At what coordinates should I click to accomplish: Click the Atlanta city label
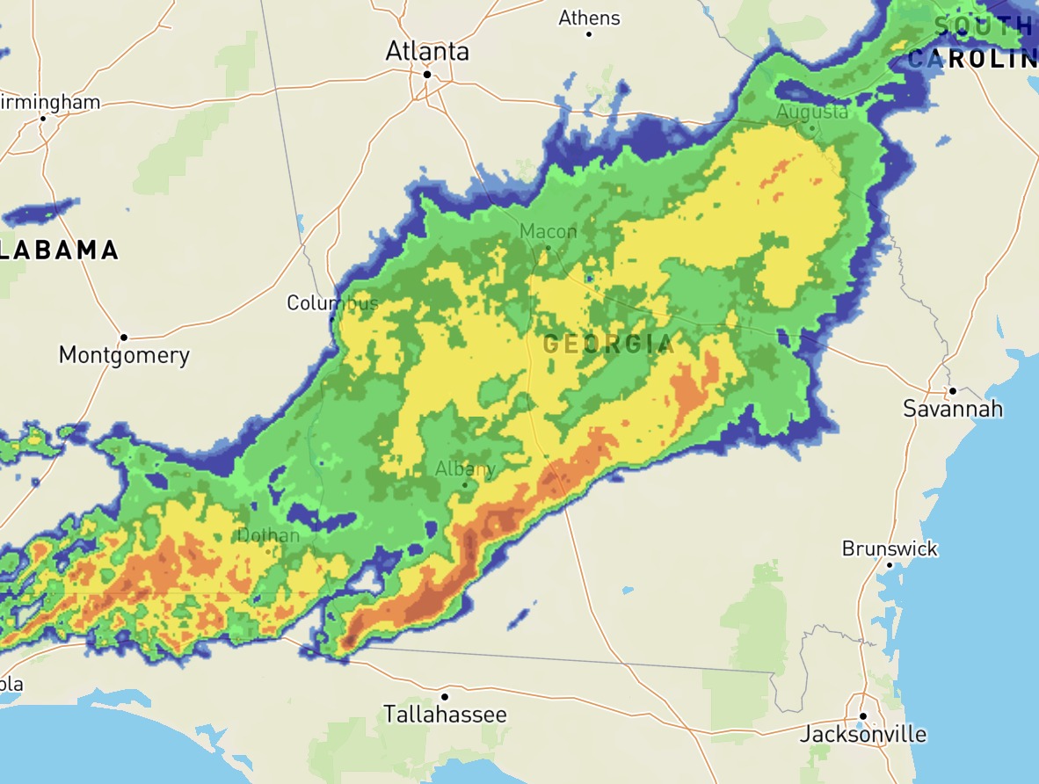pos(427,52)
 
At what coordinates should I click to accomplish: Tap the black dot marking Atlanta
pos(427,75)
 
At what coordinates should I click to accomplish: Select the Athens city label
pos(589,18)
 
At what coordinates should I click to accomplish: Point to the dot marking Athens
pos(589,34)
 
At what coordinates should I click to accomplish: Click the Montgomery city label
pos(124,355)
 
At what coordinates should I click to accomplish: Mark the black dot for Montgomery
pos(124,337)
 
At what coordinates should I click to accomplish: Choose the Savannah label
pos(953,409)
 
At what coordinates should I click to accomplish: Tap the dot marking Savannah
pos(952,391)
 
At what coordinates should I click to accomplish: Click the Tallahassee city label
pos(445,715)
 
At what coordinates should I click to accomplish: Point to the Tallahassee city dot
pos(445,697)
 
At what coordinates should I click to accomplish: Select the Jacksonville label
pos(862,734)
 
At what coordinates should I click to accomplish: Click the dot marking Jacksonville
pos(863,715)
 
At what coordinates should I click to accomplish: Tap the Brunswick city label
pos(890,548)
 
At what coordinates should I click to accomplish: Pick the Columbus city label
pos(332,303)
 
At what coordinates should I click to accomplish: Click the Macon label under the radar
pos(549,231)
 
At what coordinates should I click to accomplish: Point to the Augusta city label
pos(812,112)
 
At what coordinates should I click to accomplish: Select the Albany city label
pos(466,468)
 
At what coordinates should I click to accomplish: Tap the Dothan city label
pos(268,535)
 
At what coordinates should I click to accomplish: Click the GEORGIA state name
pos(608,344)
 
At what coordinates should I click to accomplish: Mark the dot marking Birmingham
pos(42,118)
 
